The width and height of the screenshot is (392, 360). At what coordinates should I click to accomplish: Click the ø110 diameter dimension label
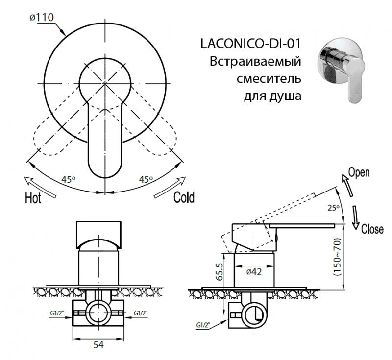pos(42,18)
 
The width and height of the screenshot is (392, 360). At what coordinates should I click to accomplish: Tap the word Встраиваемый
pos(255,63)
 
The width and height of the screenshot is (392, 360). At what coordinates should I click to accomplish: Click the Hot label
pos(33,198)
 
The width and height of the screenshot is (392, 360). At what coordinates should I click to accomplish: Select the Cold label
pos(184,197)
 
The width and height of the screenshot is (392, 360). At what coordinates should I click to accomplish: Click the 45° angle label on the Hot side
pos(68,180)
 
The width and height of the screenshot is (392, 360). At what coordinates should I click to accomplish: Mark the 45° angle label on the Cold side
pos(146,180)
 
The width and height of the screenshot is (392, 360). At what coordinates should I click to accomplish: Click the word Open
pos(358,172)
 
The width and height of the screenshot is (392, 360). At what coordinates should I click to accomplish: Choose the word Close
pos(372,229)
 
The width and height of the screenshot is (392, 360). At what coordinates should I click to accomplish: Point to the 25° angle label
pos(334,208)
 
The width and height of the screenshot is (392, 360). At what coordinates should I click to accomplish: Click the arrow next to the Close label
pos(356,217)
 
